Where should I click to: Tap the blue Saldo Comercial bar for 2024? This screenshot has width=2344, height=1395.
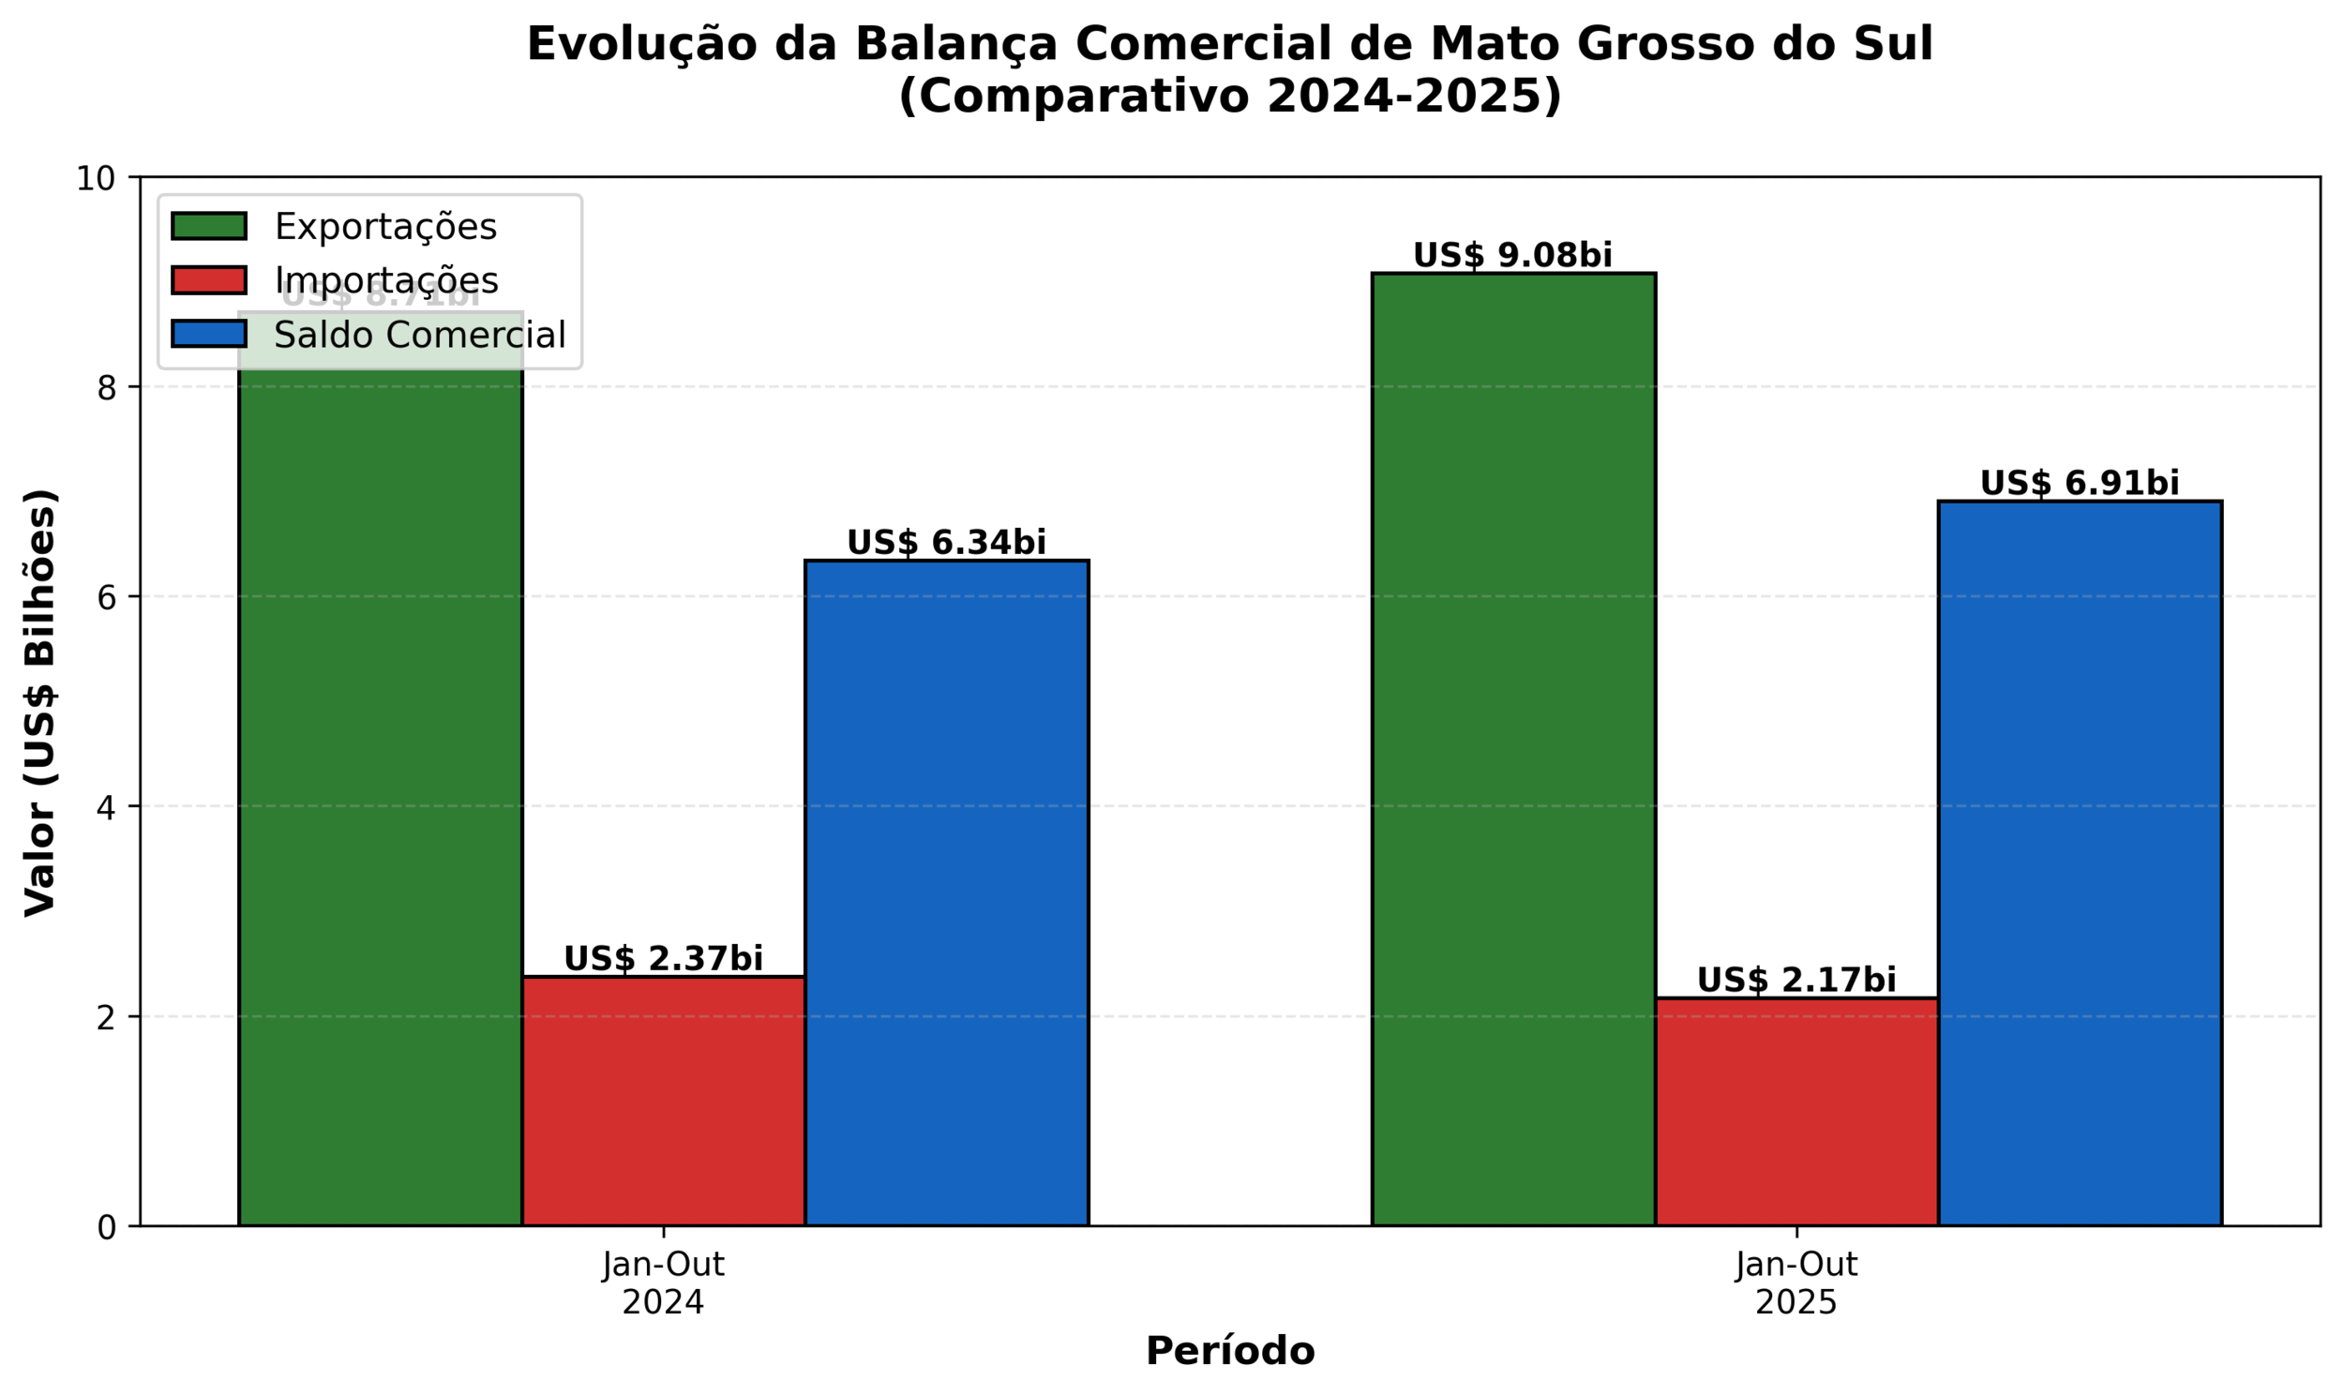[x=946, y=893]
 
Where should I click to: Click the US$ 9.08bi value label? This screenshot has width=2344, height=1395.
[x=1512, y=256]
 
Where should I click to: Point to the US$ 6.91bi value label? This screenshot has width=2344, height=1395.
[x=2079, y=483]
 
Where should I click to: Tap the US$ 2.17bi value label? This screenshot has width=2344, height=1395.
[x=1796, y=981]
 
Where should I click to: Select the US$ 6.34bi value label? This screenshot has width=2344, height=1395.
[x=946, y=543]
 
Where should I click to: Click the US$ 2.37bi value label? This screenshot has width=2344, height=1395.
[x=664, y=959]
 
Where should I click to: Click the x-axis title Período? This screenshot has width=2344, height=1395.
[x=1229, y=1351]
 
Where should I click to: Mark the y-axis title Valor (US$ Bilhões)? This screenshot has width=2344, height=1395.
[x=40, y=702]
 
